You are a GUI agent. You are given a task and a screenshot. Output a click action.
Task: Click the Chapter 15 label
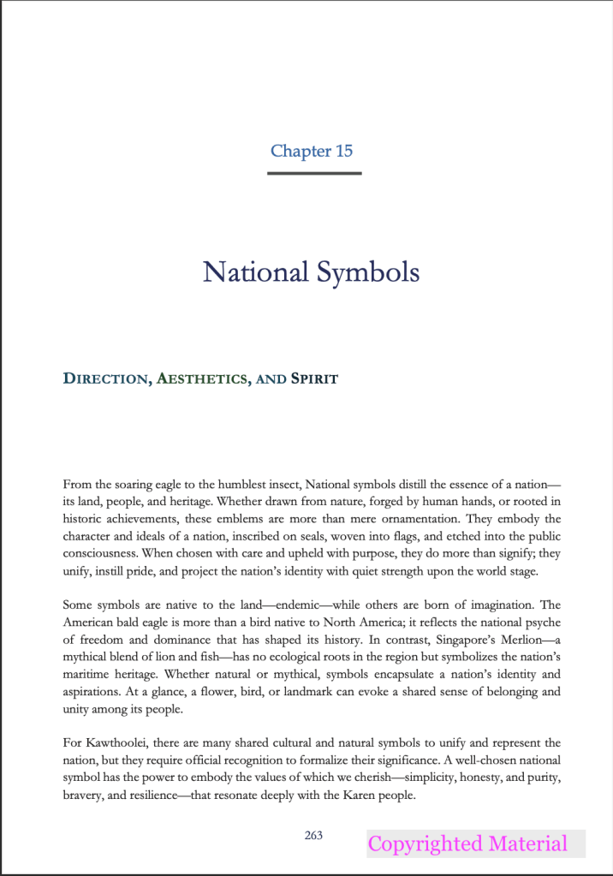pos(312,152)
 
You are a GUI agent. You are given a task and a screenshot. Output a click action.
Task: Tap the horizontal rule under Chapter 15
pos(314,173)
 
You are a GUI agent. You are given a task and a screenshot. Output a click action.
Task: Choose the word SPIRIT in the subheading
pos(314,378)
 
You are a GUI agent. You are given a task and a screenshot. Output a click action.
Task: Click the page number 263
pos(313,835)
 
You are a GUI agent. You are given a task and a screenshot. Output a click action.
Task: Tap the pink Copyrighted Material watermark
pos(467,843)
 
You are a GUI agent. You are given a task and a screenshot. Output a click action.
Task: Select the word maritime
pos(86,673)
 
